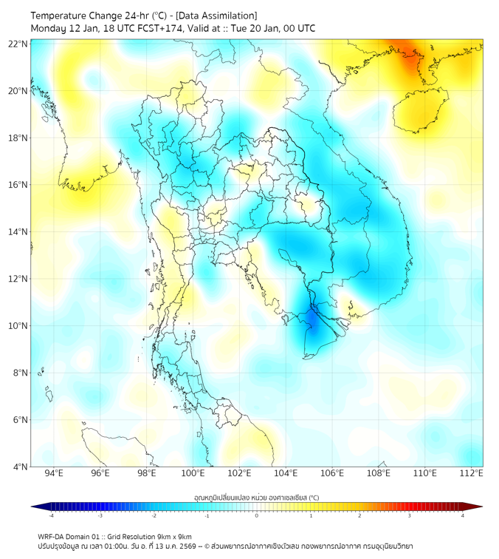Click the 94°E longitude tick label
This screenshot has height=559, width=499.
click(54, 474)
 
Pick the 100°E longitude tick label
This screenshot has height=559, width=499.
click(193, 474)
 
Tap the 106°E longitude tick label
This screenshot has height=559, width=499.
click(332, 474)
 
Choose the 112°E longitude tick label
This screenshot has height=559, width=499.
click(472, 474)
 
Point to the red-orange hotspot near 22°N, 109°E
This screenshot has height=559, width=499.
click(408, 56)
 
